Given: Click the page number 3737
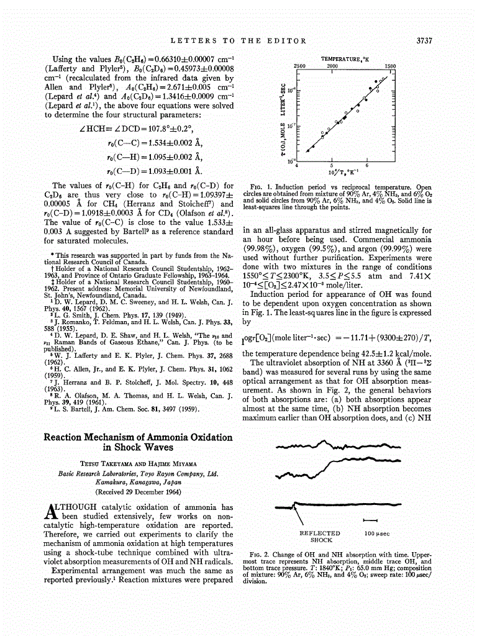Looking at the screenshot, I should [x=423, y=41].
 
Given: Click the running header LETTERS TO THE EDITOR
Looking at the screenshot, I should [x=238, y=41].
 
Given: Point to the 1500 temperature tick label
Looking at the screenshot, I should [x=390, y=65].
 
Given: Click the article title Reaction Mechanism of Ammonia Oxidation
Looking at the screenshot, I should [x=138, y=437].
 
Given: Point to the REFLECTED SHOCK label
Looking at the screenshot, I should [x=319, y=536].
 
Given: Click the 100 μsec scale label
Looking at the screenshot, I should [x=376, y=533].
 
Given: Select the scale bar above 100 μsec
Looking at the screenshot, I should [x=370, y=520].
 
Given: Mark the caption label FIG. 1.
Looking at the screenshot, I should [x=258, y=186].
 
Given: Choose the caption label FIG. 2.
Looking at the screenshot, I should [x=258, y=553].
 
